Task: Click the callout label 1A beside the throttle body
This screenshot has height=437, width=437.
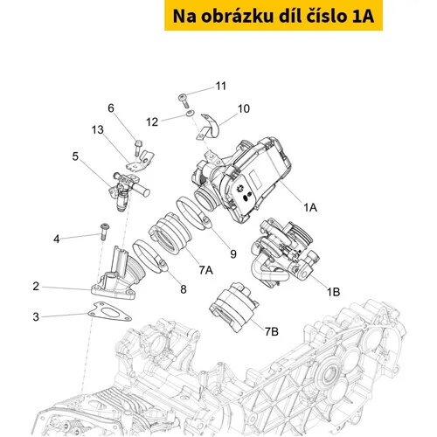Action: click(x=310, y=208)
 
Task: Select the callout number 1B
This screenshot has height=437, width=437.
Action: click(x=333, y=291)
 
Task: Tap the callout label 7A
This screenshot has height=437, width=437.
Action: click(x=206, y=270)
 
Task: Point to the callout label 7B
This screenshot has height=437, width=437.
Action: click(x=272, y=331)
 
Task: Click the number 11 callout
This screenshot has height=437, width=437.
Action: click(x=221, y=86)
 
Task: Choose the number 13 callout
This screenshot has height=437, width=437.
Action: click(x=98, y=129)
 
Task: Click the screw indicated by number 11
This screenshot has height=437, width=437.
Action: click(x=184, y=101)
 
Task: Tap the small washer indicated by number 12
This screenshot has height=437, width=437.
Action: click(x=190, y=113)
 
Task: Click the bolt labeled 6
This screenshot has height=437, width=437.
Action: click(x=138, y=147)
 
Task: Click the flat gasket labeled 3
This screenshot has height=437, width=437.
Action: click(x=109, y=312)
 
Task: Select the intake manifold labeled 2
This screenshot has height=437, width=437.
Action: click(x=118, y=275)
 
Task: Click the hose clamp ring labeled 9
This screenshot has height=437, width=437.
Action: click(x=193, y=212)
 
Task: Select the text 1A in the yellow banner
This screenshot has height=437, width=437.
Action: click(x=363, y=16)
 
